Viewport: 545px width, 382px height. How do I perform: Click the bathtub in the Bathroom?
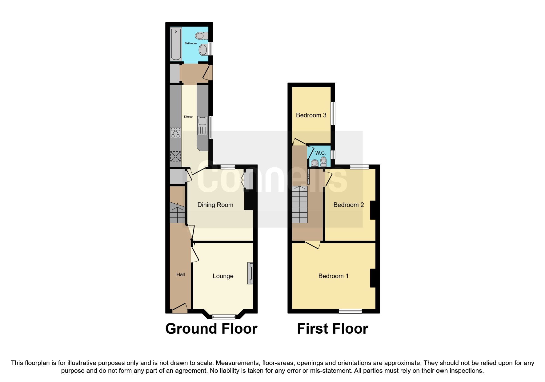(176, 44)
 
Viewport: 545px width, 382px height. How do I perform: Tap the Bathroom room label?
(190, 43)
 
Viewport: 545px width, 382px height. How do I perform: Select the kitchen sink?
(202, 126)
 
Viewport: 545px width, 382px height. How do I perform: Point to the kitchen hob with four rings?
(175, 132)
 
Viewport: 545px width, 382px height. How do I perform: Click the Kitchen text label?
(189, 117)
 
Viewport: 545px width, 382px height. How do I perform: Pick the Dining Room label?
(215, 205)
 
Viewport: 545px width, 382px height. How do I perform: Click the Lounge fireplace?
(250, 273)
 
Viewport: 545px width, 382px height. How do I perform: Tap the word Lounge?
(223, 276)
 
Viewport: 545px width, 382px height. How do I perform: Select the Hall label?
(181, 274)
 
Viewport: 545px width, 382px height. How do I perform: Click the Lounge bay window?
(224, 316)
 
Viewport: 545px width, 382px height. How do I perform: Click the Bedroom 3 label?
(311, 115)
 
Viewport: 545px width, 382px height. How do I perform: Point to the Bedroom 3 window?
(333, 114)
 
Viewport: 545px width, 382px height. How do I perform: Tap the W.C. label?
(320, 153)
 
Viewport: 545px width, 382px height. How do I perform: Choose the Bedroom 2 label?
(349, 205)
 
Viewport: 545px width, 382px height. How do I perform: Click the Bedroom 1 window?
(350, 311)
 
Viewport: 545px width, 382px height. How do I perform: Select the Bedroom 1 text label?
(333, 276)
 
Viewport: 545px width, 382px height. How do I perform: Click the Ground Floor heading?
(211, 329)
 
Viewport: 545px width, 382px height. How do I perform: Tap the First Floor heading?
(332, 329)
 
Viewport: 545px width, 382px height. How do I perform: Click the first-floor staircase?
(300, 205)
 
